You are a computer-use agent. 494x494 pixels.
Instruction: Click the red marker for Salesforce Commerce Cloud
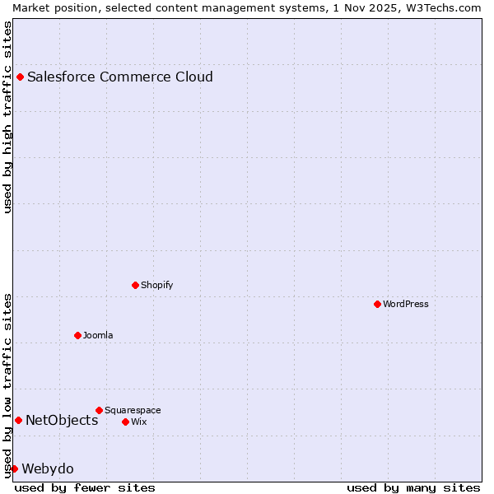point(21,77)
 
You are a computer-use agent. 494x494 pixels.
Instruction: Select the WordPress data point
point(378,304)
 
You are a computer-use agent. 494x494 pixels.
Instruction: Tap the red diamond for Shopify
point(136,285)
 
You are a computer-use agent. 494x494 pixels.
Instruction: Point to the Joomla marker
point(78,335)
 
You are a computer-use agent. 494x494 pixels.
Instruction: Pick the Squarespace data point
point(100,410)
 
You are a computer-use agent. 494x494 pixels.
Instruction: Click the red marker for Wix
point(126,422)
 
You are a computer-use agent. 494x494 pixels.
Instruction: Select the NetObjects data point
point(18,421)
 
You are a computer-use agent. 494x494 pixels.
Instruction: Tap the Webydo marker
point(14,468)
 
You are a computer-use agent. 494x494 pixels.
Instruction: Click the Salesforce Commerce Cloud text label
point(120,77)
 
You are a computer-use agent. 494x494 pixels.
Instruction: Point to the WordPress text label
point(406,304)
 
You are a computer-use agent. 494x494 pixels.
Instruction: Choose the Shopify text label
point(157,285)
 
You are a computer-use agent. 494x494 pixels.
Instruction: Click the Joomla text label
point(98,335)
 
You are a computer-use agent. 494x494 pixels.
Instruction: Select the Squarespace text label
point(133,410)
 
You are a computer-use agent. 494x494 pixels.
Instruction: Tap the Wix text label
point(139,422)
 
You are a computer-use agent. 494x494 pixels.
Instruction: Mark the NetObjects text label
point(62,421)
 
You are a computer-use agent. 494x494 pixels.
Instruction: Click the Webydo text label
point(48,469)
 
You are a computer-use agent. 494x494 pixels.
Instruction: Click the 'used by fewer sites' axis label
point(85,487)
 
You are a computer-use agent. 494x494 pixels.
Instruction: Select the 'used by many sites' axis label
point(413,487)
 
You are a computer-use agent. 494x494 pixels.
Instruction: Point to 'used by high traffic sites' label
point(7,117)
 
